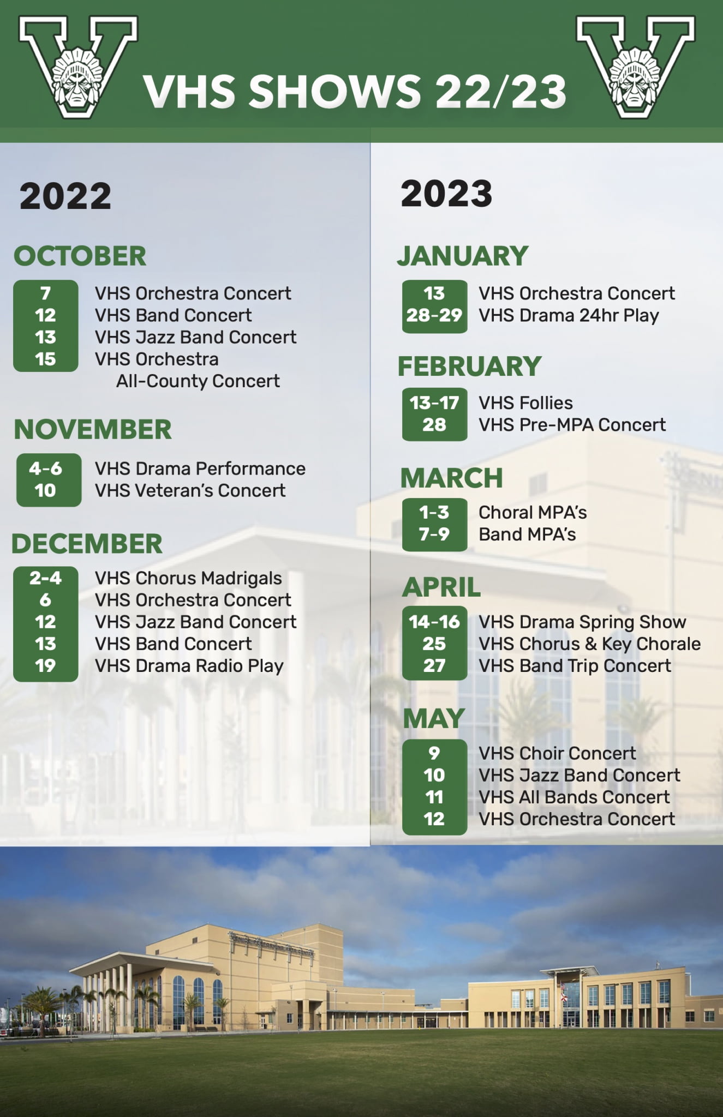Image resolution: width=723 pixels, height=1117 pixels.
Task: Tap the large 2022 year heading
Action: tap(65, 196)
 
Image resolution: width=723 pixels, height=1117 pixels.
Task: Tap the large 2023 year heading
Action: tap(446, 194)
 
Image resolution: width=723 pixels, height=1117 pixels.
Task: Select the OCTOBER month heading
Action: tap(80, 256)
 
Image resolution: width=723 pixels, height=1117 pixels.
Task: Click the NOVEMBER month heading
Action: tap(93, 430)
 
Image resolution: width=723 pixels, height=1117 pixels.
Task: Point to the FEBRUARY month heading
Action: tap(469, 366)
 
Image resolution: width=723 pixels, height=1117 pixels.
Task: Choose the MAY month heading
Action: tap(434, 719)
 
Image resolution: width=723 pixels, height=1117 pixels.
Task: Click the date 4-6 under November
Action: tap(46, 469)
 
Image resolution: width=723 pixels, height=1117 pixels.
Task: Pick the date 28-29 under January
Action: tap(434, 315)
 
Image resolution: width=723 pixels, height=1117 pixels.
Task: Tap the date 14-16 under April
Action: tap(434, 622)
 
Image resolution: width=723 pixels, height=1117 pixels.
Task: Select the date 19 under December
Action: tap(45, 666)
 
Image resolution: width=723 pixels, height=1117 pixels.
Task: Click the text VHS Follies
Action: tap(525, 403)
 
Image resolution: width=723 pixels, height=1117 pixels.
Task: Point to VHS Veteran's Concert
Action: tap(190, 491)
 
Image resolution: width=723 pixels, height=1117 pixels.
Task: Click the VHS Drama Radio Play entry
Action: tap(189, 666)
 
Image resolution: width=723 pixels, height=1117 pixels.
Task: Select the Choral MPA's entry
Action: tap(533, 513)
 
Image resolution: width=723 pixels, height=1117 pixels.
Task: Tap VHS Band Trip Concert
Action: tap(575, 666)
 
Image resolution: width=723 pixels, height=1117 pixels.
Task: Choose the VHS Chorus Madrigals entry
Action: tap(188, 578)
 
